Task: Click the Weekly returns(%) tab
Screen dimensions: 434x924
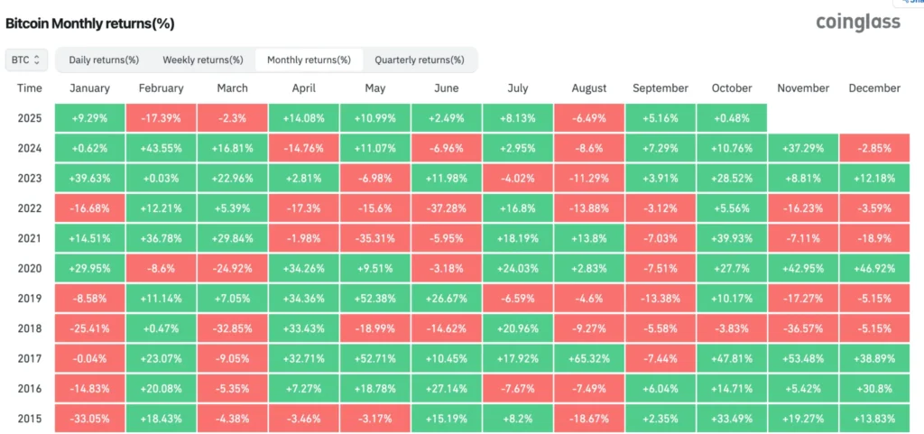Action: (203, 60)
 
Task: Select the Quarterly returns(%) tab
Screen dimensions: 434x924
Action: (420, 60)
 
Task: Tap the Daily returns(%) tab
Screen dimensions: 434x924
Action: (104, 60)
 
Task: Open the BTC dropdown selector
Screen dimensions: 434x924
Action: (25, 60)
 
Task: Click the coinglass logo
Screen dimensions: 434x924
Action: (857, 23)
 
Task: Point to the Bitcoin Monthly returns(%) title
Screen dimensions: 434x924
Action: (90, 23)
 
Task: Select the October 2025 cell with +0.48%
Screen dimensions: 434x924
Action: (731, 118)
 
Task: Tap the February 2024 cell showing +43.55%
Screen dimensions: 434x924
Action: (161, 148)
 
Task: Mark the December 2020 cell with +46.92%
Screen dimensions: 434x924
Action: (873, 268)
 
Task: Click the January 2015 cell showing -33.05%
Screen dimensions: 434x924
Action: (89, 418)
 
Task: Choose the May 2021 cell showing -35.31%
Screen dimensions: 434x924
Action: (374, 238)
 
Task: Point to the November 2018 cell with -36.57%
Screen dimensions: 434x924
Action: (802, 328)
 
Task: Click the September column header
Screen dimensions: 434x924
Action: (660, 88)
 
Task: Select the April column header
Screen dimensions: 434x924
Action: (303, 88)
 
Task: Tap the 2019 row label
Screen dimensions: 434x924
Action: (30, 299)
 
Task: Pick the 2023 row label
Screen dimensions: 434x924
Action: (30, 178)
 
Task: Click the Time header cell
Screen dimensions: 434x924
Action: (30, 88)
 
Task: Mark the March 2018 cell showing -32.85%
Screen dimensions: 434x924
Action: (232, 328)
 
